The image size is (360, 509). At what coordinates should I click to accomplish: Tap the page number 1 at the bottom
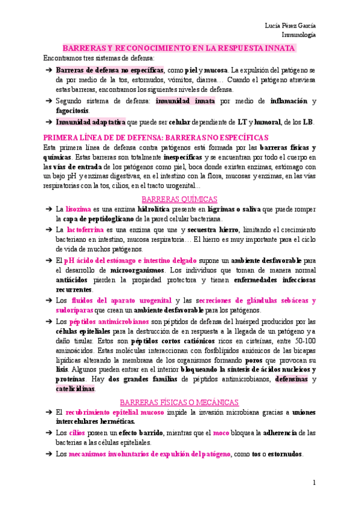[x=314, y=483]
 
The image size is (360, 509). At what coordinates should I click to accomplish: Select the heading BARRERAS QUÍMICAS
[x=179, y=199]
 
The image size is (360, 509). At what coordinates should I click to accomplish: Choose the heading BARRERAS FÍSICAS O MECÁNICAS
[x=179, y=402]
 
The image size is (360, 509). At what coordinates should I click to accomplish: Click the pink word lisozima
[x=79, y=209]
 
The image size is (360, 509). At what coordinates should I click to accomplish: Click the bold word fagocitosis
[x=72, y=110]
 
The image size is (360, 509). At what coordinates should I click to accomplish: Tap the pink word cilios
[x=77, y=432]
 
